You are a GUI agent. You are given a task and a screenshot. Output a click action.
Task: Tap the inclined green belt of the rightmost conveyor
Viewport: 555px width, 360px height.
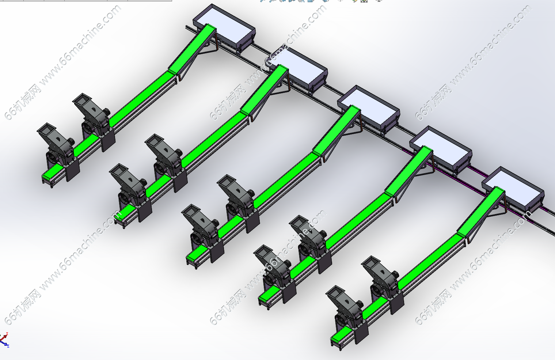click(x=481, y=212)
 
